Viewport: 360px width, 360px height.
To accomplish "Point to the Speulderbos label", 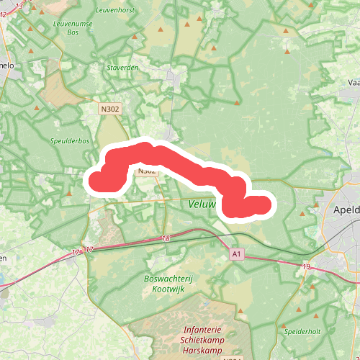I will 70,141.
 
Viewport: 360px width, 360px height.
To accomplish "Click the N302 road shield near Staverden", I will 109,108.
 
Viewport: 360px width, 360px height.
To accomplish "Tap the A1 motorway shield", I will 237,254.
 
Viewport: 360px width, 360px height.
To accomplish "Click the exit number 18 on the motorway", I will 166,238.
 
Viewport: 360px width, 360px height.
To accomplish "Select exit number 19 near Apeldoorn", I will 306,267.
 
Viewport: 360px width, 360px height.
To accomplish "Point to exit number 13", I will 19,6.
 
